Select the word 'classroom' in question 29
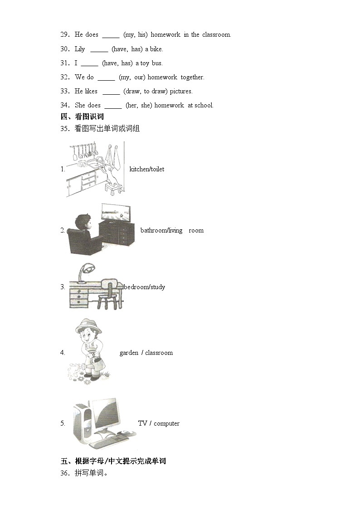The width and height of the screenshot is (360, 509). (216, 34)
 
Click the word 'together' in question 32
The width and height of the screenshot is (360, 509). (192, 77)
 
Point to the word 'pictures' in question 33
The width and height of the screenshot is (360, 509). (181, 91)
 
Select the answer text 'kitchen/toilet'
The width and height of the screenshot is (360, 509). (147, 169)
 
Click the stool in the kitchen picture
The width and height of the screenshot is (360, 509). (113, 186)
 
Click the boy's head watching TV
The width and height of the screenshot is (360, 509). (83, 222)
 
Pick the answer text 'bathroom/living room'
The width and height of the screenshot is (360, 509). (172, 230)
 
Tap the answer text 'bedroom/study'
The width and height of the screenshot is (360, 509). (144, 287)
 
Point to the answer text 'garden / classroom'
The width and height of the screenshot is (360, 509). (146, 353)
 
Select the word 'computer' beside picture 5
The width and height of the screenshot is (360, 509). (166, 423)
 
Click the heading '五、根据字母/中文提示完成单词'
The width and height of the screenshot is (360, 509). (113, 461)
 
